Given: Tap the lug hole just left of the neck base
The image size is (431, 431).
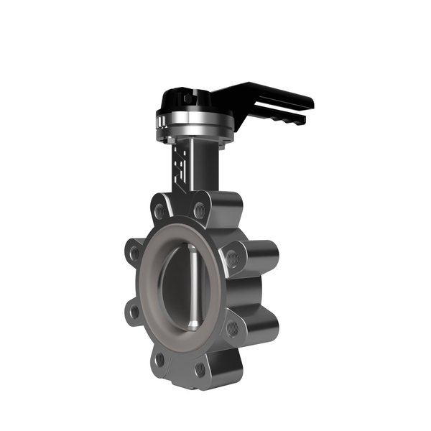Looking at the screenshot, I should click(160, 210).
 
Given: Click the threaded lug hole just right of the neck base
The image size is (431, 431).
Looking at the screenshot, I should click(199, 210).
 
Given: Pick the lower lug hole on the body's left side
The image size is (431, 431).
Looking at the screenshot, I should click(132, 311).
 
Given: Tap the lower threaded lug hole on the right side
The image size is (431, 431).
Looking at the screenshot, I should click(233, 328).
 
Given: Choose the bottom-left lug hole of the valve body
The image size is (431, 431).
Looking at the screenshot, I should click(159, 359).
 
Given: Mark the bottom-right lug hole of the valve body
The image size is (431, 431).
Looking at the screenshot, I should click(200, 369).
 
